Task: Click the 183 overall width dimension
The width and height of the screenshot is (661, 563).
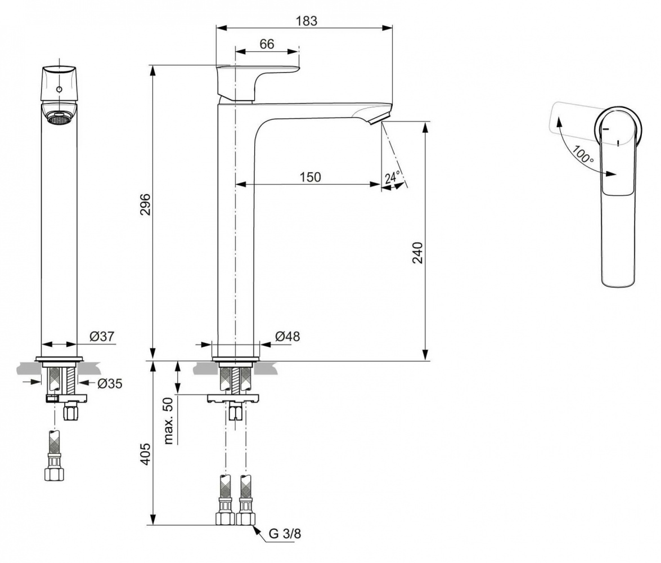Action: pos(307,21)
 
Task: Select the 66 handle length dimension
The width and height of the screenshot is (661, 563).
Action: pos(267,44)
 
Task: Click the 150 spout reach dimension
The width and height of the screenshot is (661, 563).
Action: pos(309,177)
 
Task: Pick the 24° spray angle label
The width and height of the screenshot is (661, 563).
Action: pos(392,177)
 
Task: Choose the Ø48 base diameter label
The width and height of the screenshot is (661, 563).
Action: pos(287,337)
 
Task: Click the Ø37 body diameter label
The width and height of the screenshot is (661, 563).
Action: pos(102,337)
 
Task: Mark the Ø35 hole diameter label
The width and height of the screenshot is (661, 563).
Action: pos(109,384)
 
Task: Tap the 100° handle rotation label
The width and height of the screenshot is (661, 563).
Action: pos(583,153)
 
